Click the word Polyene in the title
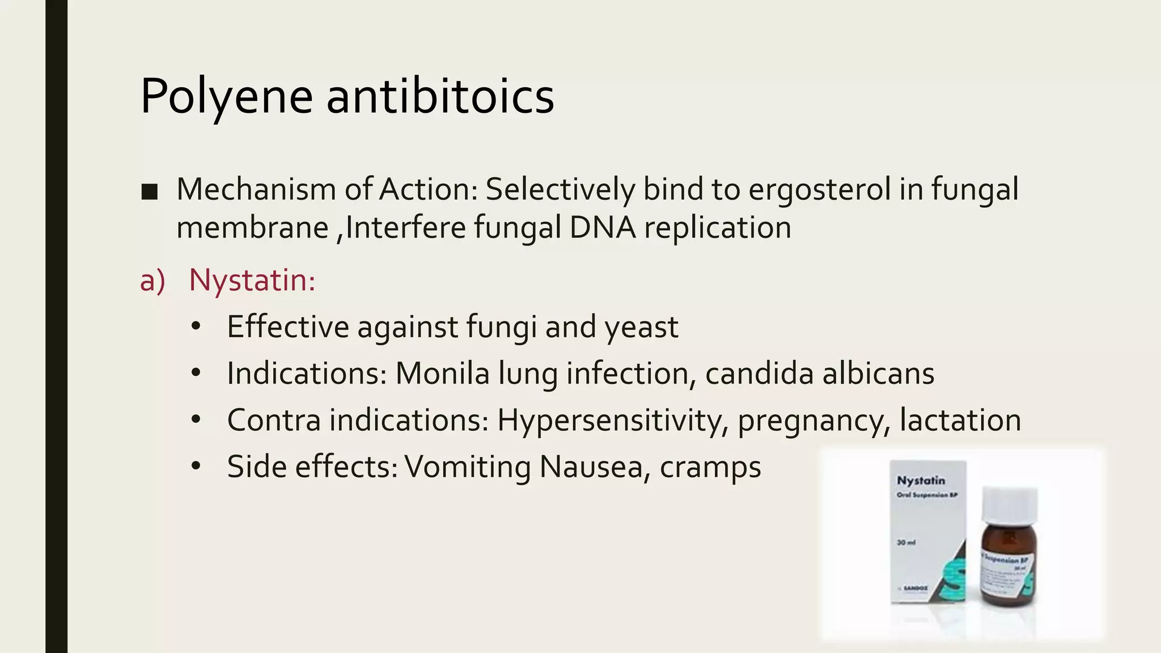(226, 96)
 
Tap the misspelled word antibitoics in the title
(440, 96)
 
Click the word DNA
(602, 228)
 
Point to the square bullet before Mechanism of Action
(150, 192)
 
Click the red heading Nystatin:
(252, 280)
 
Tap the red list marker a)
(152, 281)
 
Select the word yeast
(641, 327)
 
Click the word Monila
(442, 374)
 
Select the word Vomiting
(468, 467)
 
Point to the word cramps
(710, 468)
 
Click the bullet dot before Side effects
(196, 466)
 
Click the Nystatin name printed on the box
(921, 481)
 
